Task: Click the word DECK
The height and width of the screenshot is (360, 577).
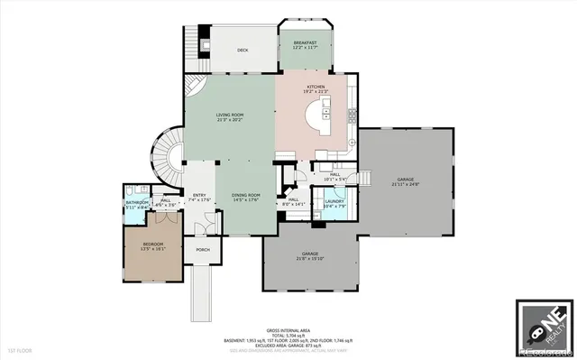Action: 243,51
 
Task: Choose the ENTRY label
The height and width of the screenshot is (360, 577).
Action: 198,195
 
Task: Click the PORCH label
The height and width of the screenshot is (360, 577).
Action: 203,250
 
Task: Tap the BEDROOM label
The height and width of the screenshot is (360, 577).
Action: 153,245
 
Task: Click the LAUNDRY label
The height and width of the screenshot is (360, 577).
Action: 335,201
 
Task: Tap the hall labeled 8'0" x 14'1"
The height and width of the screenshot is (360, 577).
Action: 294,201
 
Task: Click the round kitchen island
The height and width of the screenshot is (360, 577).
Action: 320,115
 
